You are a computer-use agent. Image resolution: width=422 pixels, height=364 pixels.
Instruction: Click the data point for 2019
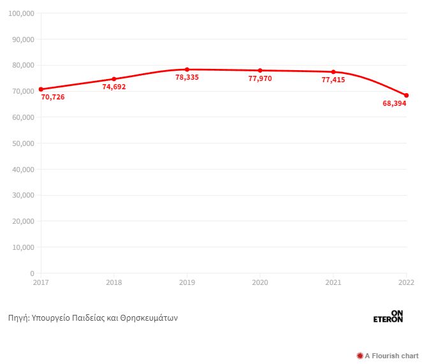point(187,69)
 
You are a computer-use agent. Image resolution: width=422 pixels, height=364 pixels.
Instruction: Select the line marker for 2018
point(114,79)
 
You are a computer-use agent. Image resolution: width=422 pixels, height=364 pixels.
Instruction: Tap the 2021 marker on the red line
point(333,72)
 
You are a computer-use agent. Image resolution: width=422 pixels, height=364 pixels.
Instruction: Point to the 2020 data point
point(260,70)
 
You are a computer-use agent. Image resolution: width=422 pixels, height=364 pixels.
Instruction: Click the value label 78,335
point(187,77)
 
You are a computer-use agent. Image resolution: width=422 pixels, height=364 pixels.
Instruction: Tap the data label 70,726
point(53,97)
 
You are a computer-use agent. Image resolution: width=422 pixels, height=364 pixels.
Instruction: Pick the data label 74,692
point(114,87)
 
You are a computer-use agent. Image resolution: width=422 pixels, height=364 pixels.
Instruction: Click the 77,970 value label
point(260,78)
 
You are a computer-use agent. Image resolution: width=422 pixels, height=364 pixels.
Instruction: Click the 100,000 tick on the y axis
point(21,13)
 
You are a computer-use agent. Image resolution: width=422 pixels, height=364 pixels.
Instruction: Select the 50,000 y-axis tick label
point(23,143)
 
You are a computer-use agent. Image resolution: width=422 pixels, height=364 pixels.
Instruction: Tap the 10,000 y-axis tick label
point(23,247)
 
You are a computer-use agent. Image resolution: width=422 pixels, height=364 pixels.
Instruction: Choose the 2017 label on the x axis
point(41,282)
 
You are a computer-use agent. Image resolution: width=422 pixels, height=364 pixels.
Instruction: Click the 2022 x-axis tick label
point(406,282)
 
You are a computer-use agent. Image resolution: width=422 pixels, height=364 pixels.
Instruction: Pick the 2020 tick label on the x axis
point(260,282)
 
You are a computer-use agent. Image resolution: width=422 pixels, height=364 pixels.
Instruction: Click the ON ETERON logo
point(388,316)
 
